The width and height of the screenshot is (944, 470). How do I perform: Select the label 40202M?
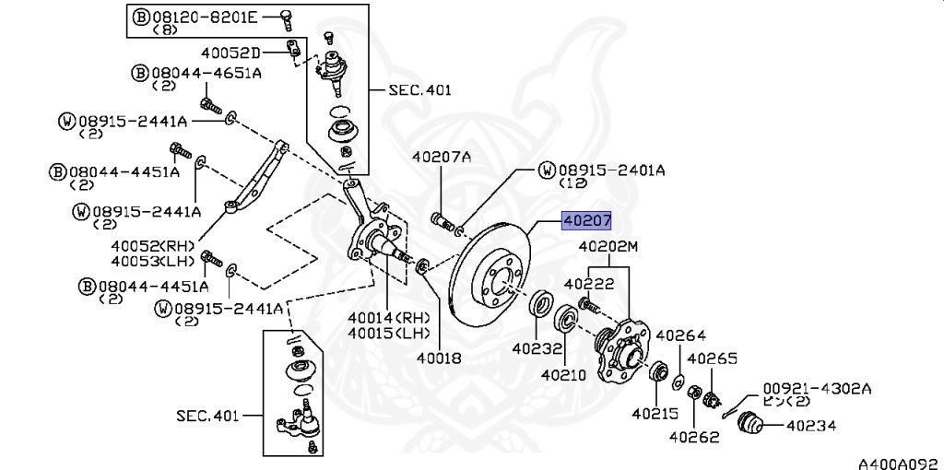coord(608,247)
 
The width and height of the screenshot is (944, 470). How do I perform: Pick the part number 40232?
coord(536,349)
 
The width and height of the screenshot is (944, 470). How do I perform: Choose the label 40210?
coord(563,375)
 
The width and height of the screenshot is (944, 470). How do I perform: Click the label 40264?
coord(681,335)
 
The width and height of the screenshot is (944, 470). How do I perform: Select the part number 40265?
coord(713,358)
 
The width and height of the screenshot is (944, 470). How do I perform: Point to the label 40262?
coord(693,437)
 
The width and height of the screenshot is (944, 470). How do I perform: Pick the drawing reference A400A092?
coord(900,460)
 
